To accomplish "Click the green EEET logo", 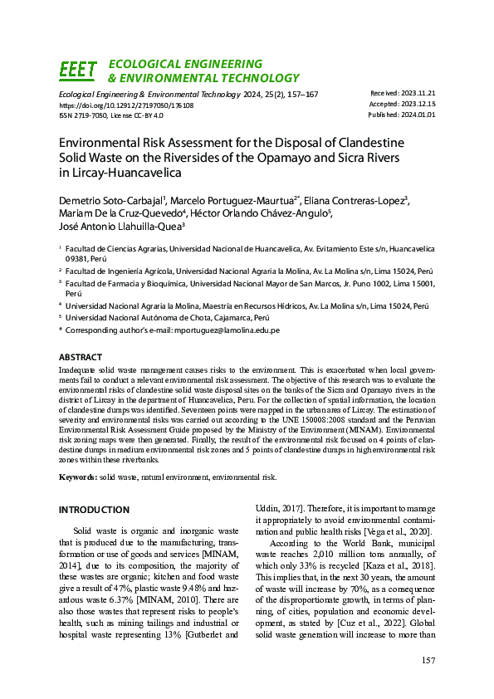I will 78,71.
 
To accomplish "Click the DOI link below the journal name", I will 126,106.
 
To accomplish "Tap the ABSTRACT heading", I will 81,357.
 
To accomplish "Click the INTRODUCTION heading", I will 94,509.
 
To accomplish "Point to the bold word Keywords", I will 77,477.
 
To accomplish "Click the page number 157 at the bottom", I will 428,660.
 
